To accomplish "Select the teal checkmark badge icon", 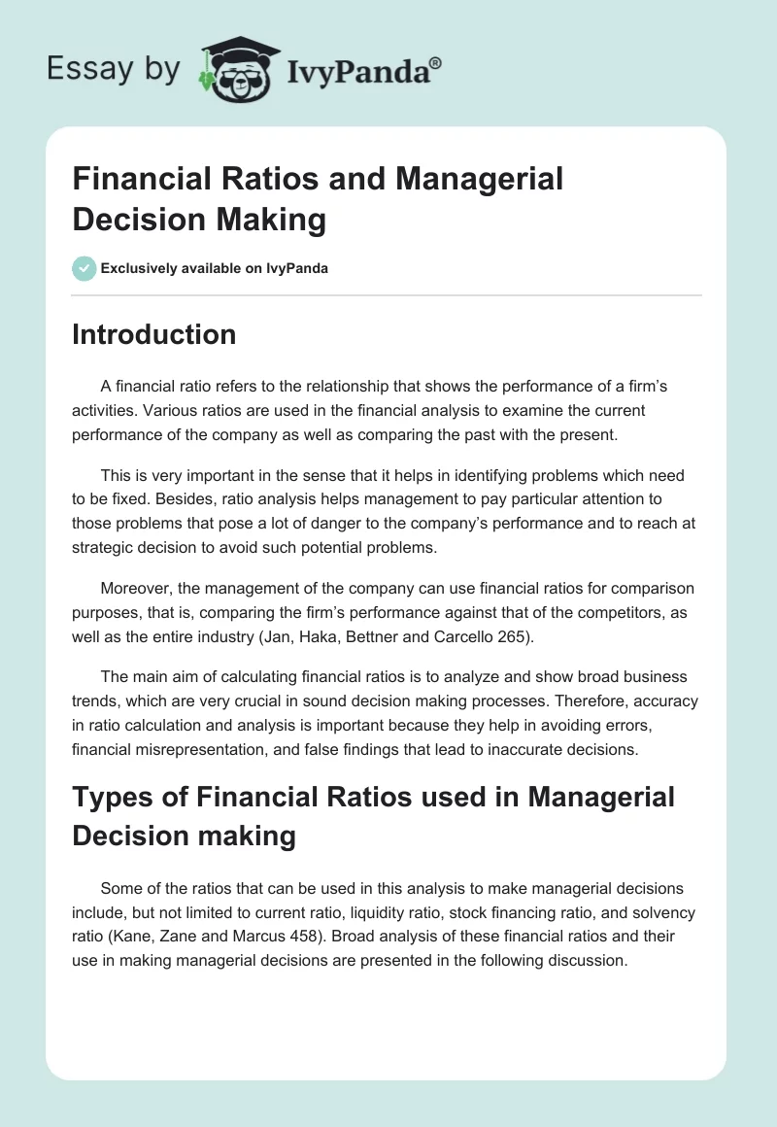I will tap(84, 268).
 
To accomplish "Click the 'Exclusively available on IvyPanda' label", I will tap(214, 269).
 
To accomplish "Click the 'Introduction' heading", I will tap(154, 334).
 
